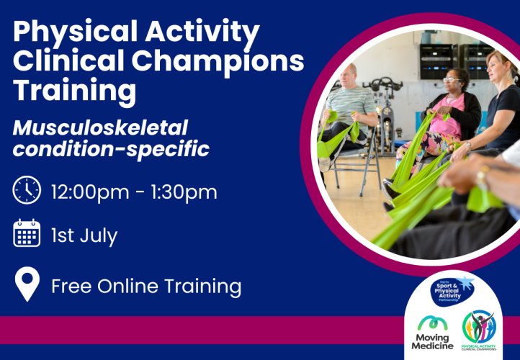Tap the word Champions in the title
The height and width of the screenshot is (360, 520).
tap(219, 60)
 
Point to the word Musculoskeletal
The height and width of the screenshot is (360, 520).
tap(100, 127)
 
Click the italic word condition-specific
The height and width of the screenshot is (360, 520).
tap(111, 148)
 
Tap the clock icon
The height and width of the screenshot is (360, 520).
tap(27, 190)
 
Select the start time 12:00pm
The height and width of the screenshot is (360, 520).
tap(90, 192)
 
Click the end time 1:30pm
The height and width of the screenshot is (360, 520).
tap(184, 192)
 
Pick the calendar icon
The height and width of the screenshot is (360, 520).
tap(27, 233)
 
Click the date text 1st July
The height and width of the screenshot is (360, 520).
tap(84, 235)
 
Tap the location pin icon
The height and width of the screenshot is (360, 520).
tap(27, 284)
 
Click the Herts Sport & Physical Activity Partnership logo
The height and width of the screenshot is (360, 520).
tap(452, 291)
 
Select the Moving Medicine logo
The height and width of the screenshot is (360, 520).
tap(432, 333)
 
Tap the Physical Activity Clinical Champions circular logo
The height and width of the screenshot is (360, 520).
tap(479, 330)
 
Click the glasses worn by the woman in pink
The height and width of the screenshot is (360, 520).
tap(452, 79)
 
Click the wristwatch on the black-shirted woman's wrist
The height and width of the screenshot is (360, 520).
tap(468, 145)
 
